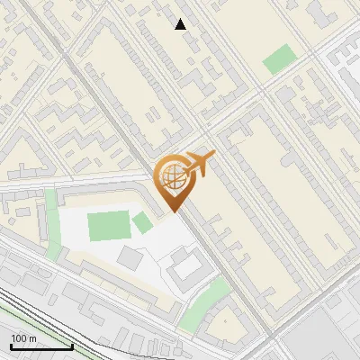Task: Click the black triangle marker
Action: (181, 24)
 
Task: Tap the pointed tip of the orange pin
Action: (172, 211)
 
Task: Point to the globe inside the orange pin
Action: (171, 175)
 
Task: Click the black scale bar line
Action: (41, 347)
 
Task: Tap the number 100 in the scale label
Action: (19, 338)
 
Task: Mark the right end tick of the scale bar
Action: (72, 346)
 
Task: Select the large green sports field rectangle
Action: (108, 225)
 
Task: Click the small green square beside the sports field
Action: (141, 222)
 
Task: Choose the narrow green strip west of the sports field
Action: (50, 211)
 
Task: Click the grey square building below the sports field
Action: (130, 258)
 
